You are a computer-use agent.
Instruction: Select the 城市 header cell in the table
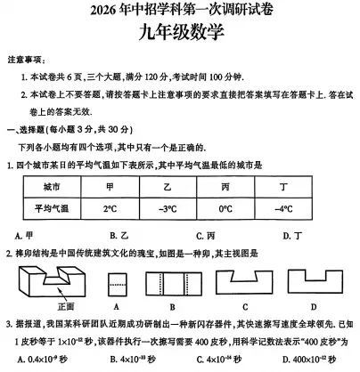click(51, 188)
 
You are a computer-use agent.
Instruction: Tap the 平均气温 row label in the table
click(51, 209)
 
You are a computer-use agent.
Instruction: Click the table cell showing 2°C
click(110, 209)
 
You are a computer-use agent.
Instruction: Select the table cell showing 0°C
click(225, 209)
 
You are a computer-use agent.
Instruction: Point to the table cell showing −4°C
click(283, 209)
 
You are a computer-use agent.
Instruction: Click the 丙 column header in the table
click(225, 188)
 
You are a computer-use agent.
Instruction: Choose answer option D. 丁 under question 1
click(282, 235)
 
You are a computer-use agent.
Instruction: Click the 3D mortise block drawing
click(54, 284)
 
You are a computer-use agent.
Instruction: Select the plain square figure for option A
click(117, 285)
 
